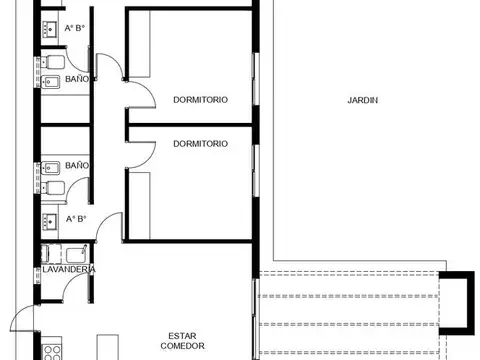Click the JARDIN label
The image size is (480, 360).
tap(362, 100)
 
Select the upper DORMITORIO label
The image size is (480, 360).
tap(200, 100)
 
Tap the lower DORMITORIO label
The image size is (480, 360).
tap(200, 143)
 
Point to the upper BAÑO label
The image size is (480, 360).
tap(77, 78)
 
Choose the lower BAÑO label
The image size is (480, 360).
tap(77, 165)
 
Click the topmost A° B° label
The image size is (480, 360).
tap(74, 28)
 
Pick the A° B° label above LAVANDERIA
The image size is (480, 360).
tap(75, 218)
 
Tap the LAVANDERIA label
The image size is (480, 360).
tap(68, 269)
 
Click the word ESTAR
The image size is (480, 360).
tap(180, 336)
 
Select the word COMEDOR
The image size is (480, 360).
tap(180, 347)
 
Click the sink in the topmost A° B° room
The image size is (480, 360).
tap(49, 30)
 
